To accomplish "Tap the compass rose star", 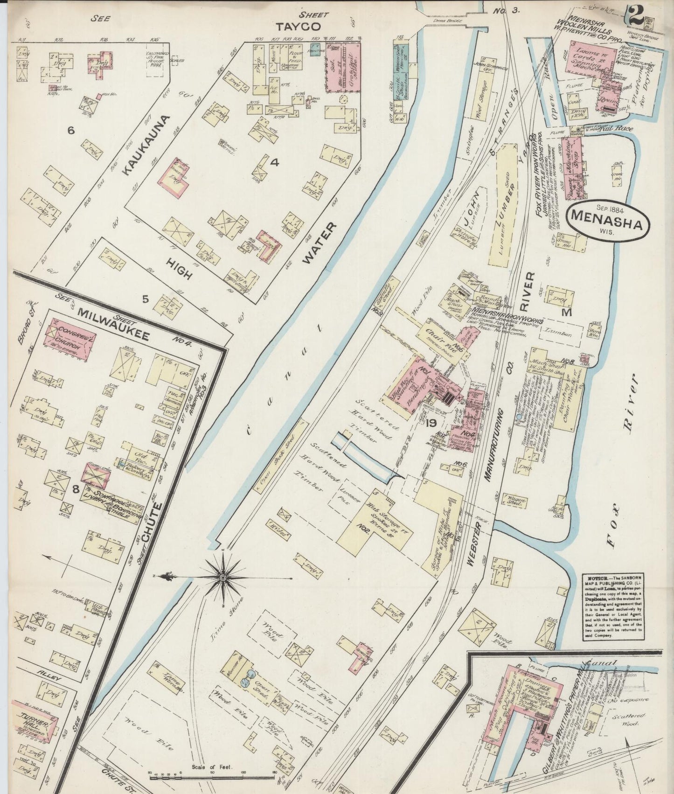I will point(223,578).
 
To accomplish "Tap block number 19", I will point(431,423).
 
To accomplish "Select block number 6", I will point(70,131).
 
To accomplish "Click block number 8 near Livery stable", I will point(76,489).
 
